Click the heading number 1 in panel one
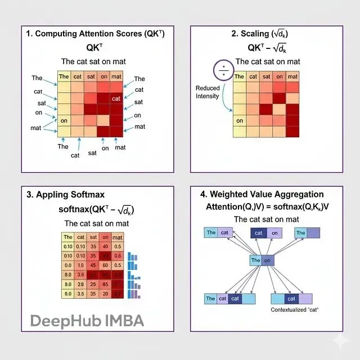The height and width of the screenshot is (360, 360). [x=28, y=34]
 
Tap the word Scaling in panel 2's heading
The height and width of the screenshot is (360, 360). [x=258, y=34]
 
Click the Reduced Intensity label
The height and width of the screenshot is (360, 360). [x=208, y=92]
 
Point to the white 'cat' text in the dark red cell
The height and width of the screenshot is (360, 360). [x=116, y=98]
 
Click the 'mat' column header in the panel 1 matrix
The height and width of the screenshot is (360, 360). [x=116, y=76]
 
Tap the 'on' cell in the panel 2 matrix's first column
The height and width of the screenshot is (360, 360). [x=240, y=120]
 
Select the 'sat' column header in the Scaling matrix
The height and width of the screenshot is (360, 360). [x=266, y=76]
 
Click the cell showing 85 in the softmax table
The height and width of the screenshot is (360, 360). [x=103, y=283]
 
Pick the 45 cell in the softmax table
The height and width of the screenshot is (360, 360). [x=92, y=264]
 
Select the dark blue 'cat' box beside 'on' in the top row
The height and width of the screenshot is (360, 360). [x=259, y=233]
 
